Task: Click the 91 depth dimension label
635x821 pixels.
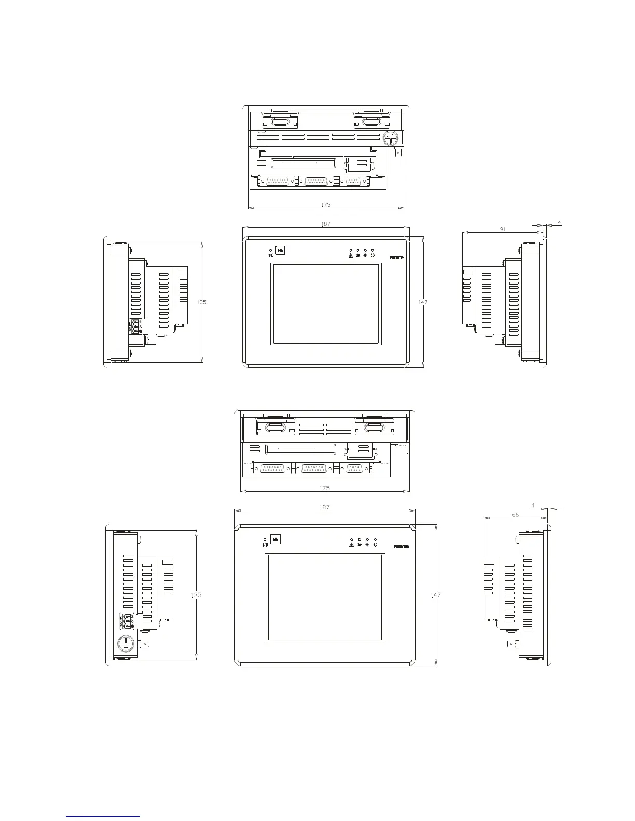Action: coord(503,229)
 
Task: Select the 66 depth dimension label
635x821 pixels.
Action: coord(515,515)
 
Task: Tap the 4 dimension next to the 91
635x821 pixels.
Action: coord(559,222)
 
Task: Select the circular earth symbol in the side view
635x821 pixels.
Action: coord(125,643)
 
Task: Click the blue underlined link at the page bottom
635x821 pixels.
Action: coord(103,817)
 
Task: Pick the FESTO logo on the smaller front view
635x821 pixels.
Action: coord(396,258)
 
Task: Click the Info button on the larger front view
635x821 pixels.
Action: coord(276,541)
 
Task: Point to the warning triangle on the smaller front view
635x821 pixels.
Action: coord(351,255)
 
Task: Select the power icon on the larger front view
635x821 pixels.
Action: coord(375,545)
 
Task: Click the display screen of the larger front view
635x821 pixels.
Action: coord(325,597)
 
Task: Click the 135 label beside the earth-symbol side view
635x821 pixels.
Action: coord(196,595)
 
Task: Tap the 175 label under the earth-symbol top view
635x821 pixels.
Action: coord(326,205)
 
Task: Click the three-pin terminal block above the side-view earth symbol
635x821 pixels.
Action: coord(127,620)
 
